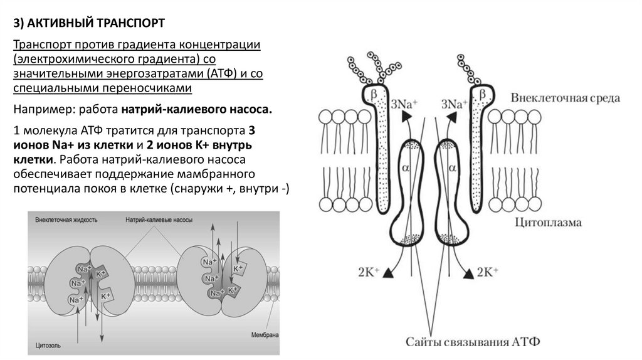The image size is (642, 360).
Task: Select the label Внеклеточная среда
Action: point(565,98)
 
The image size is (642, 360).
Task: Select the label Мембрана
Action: point(263,334)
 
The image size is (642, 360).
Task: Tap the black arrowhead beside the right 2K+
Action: point(468,272)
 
